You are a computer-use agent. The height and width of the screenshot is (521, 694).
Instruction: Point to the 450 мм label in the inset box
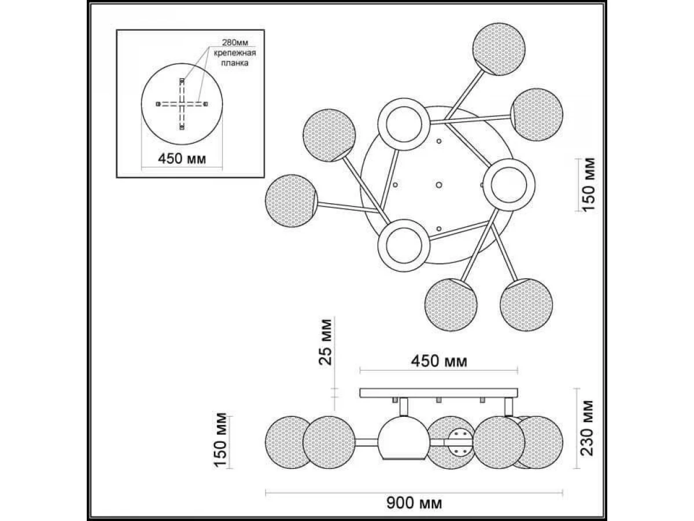point(182,159)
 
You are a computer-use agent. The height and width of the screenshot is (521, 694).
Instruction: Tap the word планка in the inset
point(234,65)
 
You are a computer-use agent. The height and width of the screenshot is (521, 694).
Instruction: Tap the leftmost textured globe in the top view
point(290,199)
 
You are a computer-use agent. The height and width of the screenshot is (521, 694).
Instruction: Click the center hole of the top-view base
point(438,185)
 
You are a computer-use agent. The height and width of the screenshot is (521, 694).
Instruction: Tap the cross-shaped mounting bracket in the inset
point(182,104)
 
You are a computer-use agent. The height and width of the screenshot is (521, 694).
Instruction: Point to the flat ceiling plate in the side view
point(438,393)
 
